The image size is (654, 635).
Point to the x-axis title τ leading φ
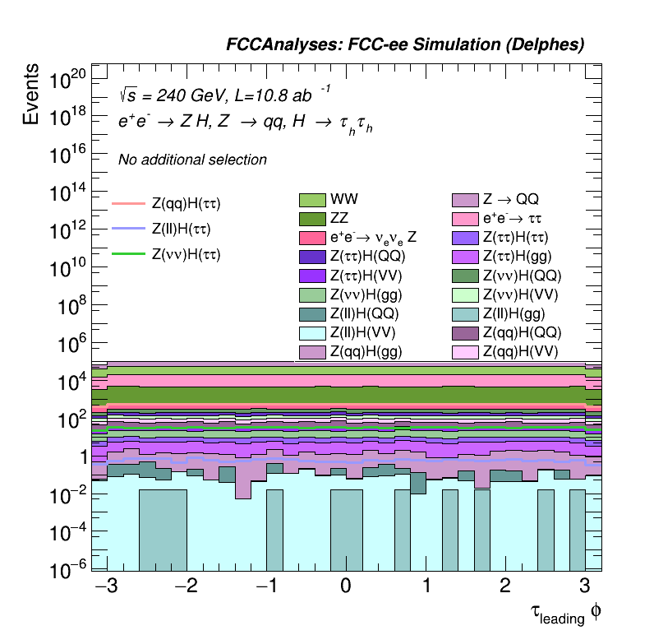pyautogui.click(x=560, y=613)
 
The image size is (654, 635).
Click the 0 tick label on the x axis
pyautogui.click(x=346, y=586)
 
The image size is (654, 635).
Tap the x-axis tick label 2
pyautogui.click(x=504, y=586)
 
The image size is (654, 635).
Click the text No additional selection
pyautogui.click(x=192, y=160)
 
